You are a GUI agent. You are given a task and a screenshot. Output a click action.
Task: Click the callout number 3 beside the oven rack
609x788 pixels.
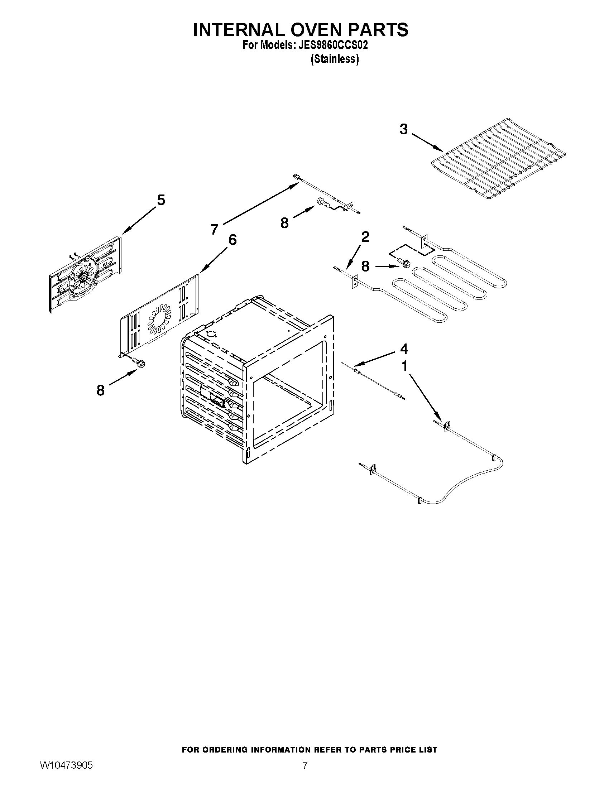coord(404,129)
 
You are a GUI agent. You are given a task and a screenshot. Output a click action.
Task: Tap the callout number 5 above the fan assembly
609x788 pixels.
coord(161,200)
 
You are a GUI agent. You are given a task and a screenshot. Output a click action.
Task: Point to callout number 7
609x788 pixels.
coord(215,229)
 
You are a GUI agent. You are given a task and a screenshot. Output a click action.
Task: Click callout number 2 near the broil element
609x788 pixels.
coord(365,237)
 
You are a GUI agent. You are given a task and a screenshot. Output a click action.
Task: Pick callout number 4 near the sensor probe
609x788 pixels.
coord(404,349)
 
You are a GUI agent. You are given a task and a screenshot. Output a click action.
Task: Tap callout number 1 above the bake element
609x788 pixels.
coord(404,366)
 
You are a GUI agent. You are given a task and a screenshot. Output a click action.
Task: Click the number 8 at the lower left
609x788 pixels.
coord(101,390)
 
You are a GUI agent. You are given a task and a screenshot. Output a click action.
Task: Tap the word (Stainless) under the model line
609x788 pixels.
coord(335,59)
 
